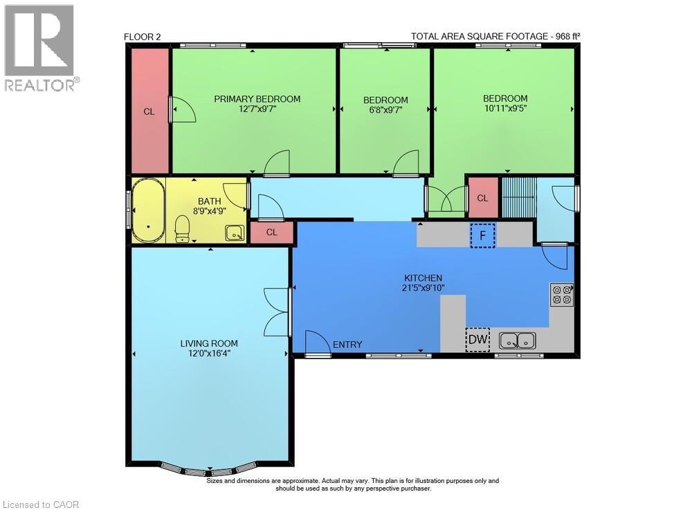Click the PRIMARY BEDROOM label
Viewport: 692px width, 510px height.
[x=257, y=99]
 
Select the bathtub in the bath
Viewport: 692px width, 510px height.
[x=149, y=210]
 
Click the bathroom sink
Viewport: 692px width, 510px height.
[x=235, y=233]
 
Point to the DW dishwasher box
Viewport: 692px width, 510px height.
[x=478, y=340]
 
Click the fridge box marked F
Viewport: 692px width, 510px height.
[x=483, y=235]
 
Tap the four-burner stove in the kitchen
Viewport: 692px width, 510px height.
[x=562, y=295]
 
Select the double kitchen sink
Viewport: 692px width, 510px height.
[x=518, y=340]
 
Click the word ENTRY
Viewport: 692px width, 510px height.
[x=347, y=345]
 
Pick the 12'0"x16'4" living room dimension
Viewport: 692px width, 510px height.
[x=209, y=354]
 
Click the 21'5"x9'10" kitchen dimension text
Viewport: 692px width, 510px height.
[x=424, y=288]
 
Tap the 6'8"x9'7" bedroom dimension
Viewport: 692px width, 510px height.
[x=385, y=109]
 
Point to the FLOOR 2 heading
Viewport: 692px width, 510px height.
[x=142, y=37]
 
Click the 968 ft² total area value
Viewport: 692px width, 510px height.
[x=567, y=36]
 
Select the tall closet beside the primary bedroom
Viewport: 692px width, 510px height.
[x=150, y=111]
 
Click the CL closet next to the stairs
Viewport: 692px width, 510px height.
[x=483, y=198]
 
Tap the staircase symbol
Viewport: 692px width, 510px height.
[x=518, y=197]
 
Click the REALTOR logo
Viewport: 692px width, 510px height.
[x=41, y=48]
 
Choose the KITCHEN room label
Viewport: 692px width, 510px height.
[x=424, y=278]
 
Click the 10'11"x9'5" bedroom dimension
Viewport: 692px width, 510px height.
[x=505, y=108]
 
